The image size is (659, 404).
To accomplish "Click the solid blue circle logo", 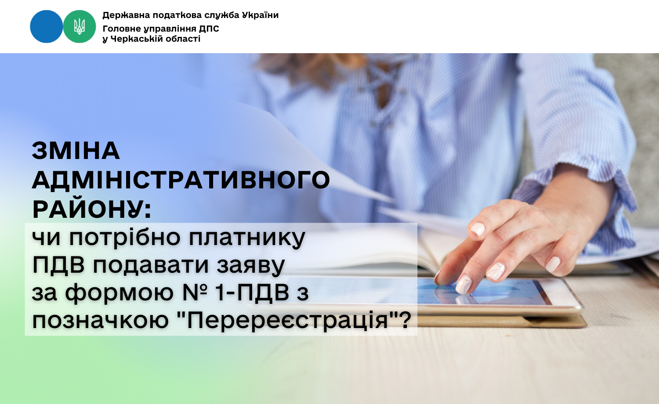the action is click(x=47, y=27).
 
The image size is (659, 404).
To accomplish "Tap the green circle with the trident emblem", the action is click(x=80, y=27).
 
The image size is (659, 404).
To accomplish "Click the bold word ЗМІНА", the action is click(x=76, y=151).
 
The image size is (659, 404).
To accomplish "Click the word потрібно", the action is click(x=125, y=238).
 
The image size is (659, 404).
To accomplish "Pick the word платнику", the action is click(x=247, y=238).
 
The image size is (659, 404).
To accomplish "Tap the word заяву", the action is click(x=251, y=266).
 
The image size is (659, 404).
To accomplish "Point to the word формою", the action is click(x=119, y=293).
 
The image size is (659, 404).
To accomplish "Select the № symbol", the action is click(x=195, y=292).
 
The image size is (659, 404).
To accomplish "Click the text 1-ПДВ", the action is click(x=252, y=292).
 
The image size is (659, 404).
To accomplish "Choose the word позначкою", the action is click(x=100, y=320).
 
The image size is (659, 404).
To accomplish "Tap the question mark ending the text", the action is click(x=406, y=319).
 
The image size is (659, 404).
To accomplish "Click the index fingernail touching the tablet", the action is click(x=463, y=284).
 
